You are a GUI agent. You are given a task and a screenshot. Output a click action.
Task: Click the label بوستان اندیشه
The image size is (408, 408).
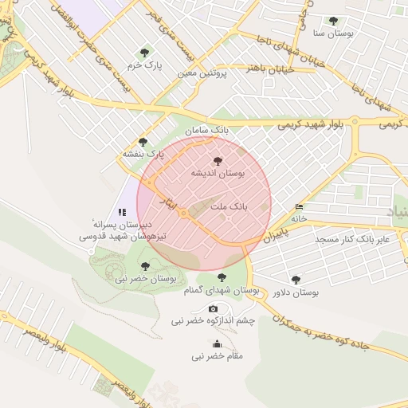(217, 173)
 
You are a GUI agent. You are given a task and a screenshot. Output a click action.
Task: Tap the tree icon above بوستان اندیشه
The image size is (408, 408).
(218, 160)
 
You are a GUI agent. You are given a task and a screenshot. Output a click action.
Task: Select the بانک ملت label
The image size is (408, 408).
(229, 206)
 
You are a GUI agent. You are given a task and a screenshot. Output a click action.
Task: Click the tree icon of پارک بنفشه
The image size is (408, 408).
(143, 142)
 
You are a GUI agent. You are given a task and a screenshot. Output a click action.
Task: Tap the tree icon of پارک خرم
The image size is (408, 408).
(143, 53)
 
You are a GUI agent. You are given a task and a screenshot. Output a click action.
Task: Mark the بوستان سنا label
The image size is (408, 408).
(333, 33)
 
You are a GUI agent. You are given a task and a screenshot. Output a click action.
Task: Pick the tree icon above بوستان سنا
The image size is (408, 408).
(333, 21)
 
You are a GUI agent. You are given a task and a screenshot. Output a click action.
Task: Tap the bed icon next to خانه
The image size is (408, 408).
(299, 206)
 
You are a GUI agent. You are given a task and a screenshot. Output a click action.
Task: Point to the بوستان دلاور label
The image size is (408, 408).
(294, 292)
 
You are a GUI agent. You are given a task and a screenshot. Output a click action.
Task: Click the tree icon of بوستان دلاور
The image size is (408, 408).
(296, 280)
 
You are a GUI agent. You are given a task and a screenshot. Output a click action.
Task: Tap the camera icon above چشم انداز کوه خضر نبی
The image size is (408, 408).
(213, 308)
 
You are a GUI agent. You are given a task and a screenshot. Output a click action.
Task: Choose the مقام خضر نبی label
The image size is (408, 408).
(218, 355)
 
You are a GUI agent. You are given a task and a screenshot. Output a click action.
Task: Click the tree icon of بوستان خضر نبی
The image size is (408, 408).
(144, 266)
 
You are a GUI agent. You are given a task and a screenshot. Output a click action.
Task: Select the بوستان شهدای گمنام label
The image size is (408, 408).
(222, 291)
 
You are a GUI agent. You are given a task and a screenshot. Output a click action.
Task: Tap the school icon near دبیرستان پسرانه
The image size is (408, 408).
(122, 212)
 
